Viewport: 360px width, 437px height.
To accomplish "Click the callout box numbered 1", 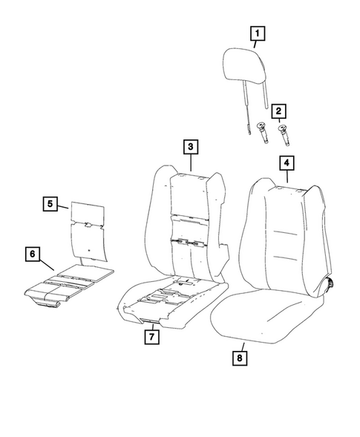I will coord(256,33).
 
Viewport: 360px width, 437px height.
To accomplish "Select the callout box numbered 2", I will coord(279,112).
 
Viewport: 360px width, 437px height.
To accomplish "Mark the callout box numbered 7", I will coord(151,338).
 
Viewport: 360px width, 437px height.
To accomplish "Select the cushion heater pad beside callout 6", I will coord(71,282).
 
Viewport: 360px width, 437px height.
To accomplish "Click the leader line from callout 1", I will coord(256,44).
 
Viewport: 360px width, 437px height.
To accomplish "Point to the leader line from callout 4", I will coord(286,176).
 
